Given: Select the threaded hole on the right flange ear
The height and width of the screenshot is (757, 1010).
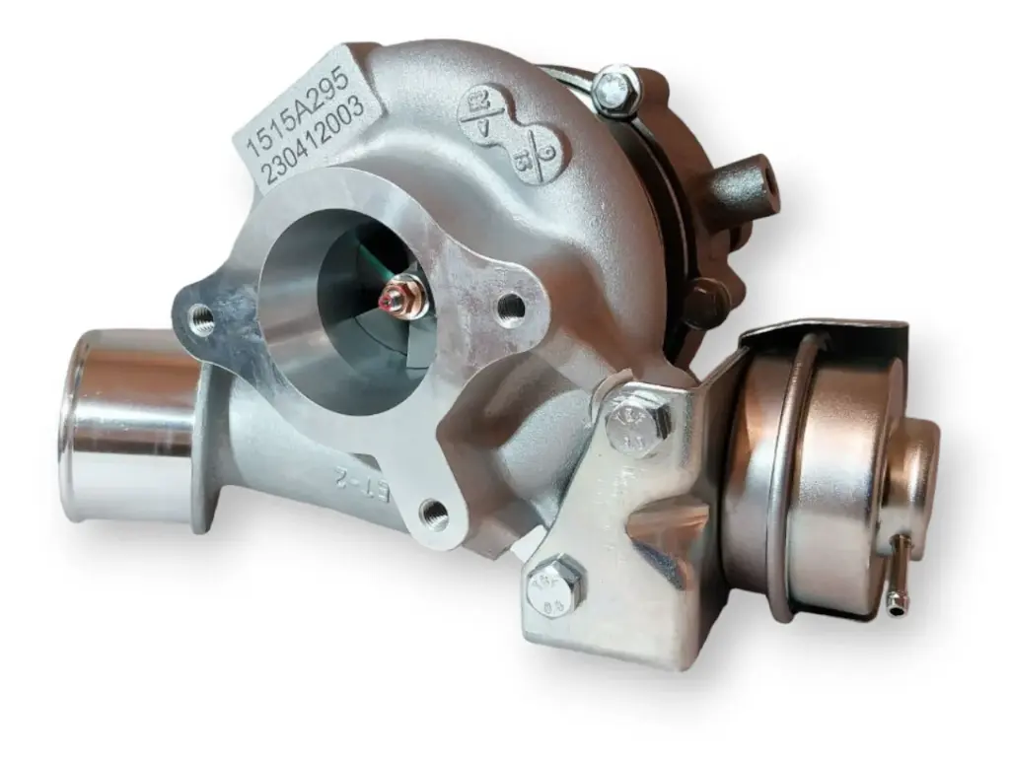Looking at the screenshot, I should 510,309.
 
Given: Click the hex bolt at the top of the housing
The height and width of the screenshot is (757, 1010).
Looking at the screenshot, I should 617,88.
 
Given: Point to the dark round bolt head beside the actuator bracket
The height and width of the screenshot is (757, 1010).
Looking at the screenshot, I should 706,301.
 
